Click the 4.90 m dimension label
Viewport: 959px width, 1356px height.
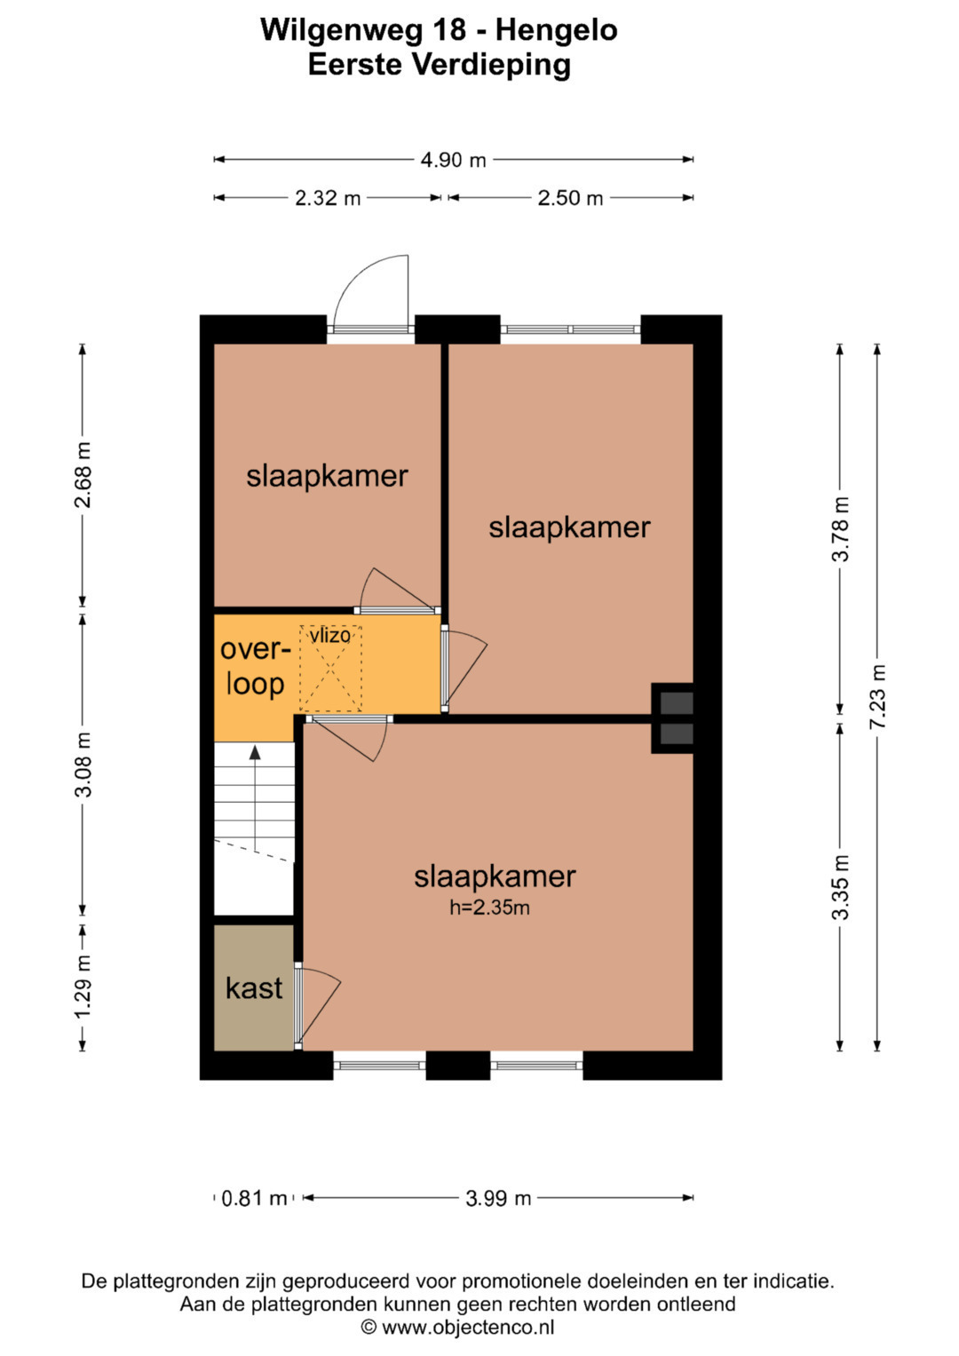click(x=453, y=161)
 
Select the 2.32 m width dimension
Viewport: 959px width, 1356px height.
click(x=328, y=198)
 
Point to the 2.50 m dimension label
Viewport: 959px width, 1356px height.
click(x=570, y=198)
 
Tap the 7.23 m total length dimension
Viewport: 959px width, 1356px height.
click(x=877, y=697)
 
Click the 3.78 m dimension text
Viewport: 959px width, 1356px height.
click(x=840, y=529)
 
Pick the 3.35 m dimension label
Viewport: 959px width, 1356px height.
click(x=840, y=887)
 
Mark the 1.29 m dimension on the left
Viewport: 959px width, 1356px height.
click(x=83, y=987)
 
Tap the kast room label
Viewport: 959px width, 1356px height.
click(x=254, y=988)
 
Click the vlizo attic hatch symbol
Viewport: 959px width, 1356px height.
click(x=330, y=669)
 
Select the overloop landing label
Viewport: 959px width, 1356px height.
click(x=255, y=667)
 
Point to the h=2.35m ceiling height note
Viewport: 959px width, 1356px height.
click(x=489, y=908)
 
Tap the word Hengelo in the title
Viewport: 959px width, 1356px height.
click(x=557, y=30)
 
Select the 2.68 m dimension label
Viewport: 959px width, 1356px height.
click(x=83, y=475)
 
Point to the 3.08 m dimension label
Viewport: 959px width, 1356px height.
click(x=83, y=765)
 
